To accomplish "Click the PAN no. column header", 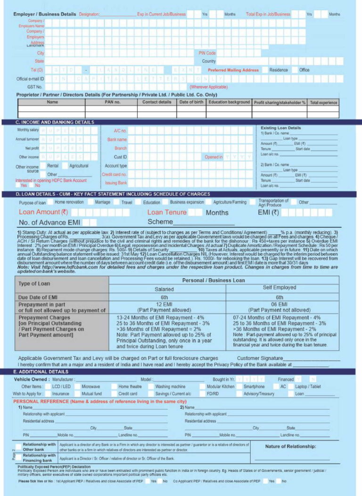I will pos(112,102).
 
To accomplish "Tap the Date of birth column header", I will pos(191,102).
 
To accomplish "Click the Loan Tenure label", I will pos(167,212).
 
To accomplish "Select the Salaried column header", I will pos(167,289).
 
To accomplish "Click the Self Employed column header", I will pos(280,288).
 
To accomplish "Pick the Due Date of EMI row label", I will pos(37,298).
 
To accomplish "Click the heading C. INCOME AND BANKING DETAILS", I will pos(55,122).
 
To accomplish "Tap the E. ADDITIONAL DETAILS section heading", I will pos(41,372).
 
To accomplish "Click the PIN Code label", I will pos(207,53).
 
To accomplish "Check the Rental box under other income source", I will pos(43,166).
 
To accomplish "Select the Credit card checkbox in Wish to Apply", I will pos(114,394).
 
